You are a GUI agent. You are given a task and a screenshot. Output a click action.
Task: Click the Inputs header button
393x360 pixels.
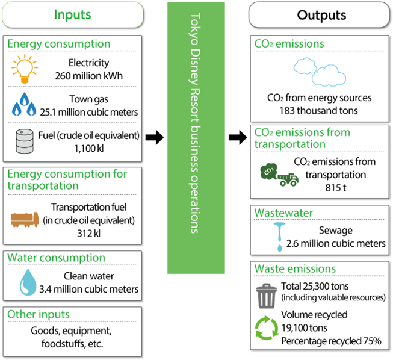click(x=73, y=14)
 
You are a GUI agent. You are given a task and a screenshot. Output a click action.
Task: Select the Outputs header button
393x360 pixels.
click(x=321, y=14)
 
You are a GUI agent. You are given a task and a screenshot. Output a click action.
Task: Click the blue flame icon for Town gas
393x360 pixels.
click(x=25, y=105)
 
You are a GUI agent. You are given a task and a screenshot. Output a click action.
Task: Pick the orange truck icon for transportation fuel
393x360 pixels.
click(x=25, y=220)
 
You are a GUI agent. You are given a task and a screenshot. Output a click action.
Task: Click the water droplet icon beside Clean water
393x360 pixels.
click(x=25, y=282)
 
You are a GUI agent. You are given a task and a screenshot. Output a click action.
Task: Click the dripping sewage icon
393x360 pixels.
click(x=278, y=237)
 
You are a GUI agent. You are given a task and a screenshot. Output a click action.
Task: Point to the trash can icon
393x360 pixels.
click(x=265, y=296)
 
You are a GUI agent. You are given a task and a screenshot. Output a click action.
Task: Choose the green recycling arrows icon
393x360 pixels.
click(x=265, y=328)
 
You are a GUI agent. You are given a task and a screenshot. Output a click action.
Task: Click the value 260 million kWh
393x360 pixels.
click(x=88, y=75)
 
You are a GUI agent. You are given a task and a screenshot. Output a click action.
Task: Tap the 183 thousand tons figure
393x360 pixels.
click(x=319, y=111)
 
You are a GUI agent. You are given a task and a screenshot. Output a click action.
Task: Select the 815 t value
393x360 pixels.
click(x=335, y=187)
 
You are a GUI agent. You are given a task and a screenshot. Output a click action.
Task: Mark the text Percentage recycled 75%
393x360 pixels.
click(x=331, y=341)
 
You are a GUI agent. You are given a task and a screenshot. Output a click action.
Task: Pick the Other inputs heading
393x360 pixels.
click(x=39, y=314)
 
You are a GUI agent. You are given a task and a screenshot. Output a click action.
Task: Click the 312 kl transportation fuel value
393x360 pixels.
click(x=88, y=233)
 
